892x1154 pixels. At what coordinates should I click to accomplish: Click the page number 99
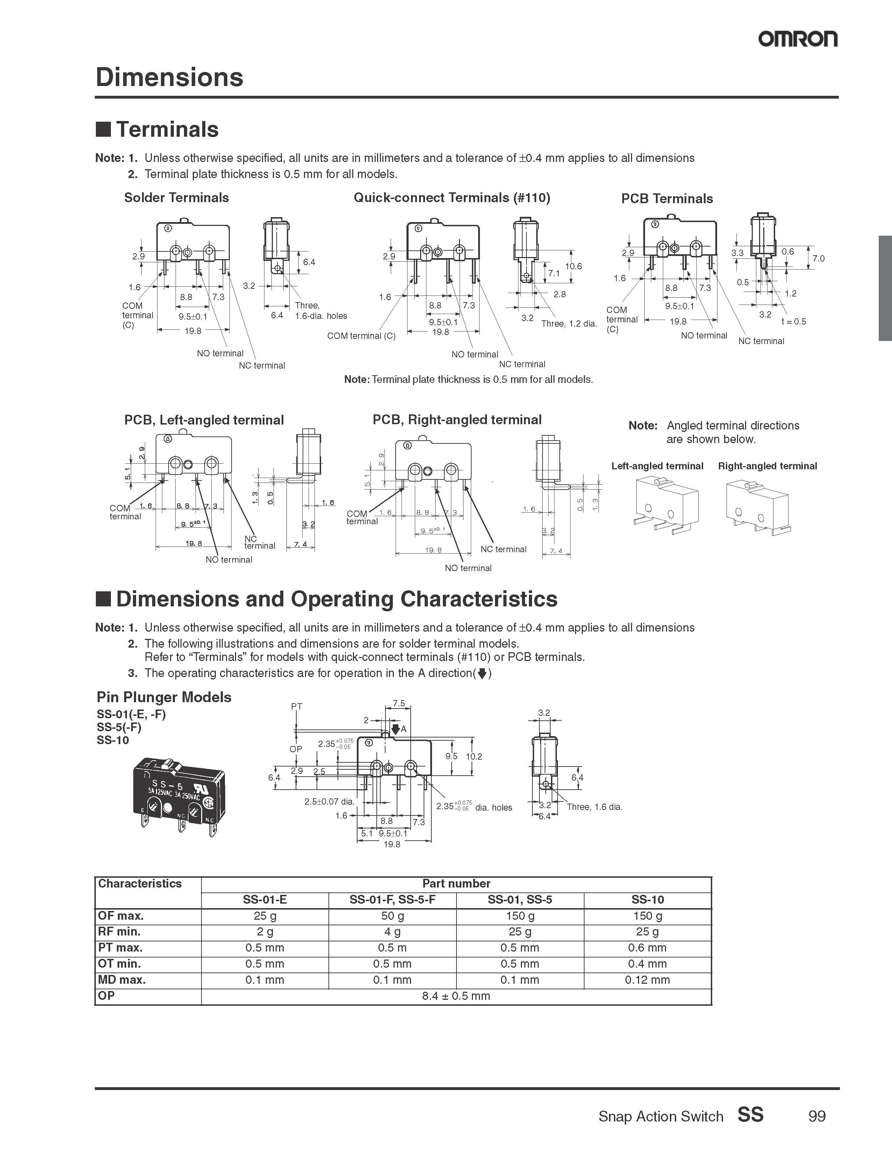click(x=816, y=1117)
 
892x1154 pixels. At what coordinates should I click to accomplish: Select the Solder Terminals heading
click(x=177, y=198)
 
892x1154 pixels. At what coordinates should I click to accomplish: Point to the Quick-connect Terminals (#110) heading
click(x=452, y=198)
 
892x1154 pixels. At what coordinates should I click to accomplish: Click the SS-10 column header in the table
click(x=647, y=899)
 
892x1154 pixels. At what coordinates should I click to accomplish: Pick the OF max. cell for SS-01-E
click(x=265, y=916)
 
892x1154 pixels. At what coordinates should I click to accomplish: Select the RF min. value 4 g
click(x=392, y=932)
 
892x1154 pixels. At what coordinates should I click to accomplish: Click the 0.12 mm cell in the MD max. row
click(x=647, y=980)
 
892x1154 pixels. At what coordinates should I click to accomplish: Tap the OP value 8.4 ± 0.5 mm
click(x=456, y=996)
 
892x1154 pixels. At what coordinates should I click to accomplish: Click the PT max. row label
click(x=120, y=947)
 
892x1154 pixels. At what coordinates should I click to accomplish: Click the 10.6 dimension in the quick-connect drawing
click(x=573, y=266)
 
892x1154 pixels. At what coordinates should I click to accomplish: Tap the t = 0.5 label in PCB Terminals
click(x=794, y=321)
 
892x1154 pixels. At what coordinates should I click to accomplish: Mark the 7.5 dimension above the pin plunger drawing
click(x=399, y=703)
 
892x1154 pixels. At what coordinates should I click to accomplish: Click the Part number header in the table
click(x=456, y=883)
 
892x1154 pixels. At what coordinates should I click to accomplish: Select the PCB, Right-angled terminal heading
click(x=457, y=420)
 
